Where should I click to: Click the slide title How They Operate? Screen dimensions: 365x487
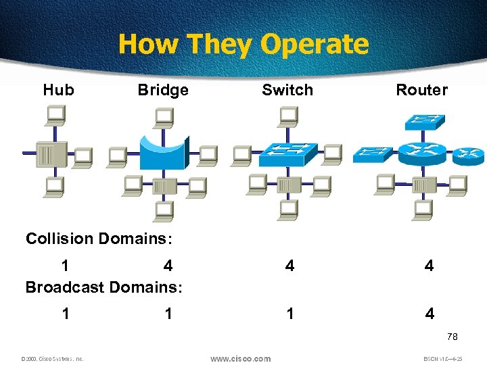pos(243,45)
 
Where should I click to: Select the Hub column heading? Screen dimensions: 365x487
pos(59,90)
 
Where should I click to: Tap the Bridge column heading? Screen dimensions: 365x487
pos(163,90)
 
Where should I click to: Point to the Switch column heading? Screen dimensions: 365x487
pos(287,90)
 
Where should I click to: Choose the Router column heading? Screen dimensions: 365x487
pos(421,90)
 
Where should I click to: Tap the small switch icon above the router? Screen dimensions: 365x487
pos(424,122)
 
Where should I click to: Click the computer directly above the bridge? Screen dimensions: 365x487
pos(163,118)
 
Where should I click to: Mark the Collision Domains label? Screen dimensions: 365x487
pos(99,239)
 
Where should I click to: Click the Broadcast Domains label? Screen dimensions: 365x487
pos(103,287)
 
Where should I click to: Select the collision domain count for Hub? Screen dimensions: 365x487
pos(65,266)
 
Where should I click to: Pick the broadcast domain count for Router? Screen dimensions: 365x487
pos(429,314)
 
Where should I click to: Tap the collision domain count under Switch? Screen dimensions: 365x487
pos(289,266)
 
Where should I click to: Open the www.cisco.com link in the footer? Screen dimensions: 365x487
pos(240,359)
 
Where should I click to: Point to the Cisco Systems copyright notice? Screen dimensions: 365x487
pos(52,359)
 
